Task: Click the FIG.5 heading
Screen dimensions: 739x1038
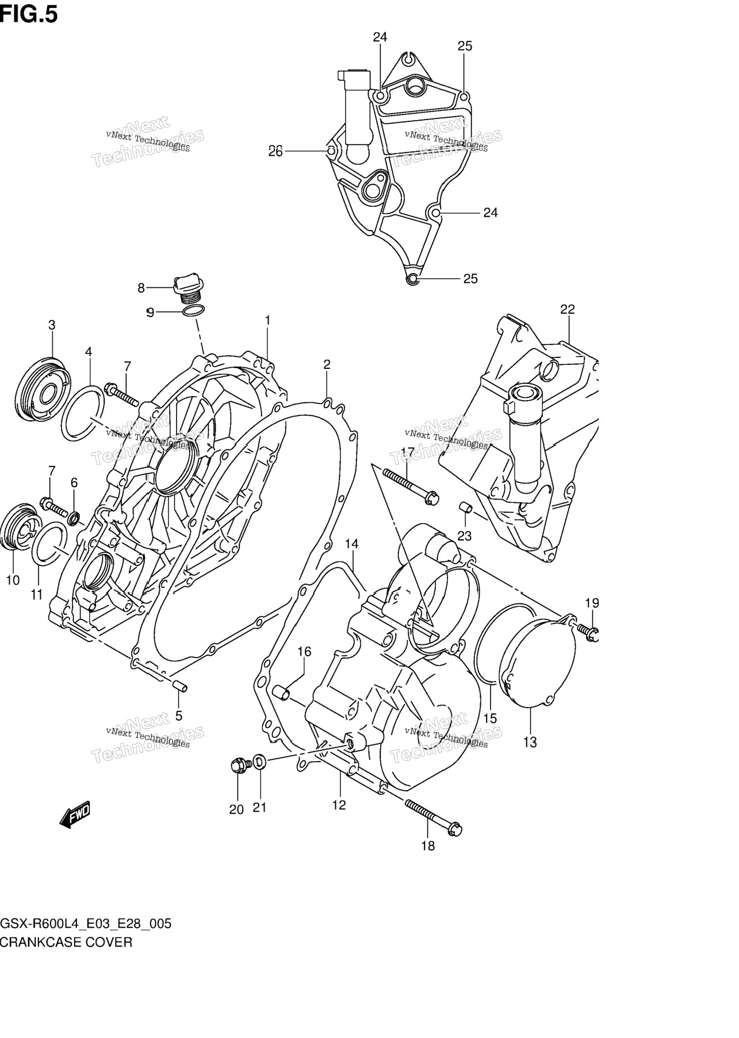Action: (x=29, y=14)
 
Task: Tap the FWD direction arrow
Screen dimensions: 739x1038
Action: (x=75, y=814)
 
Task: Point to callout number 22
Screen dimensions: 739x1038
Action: (x=567, y=309)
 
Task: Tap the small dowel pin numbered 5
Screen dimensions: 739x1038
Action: (x=179, y=686)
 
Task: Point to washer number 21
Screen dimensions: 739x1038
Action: (x=259, y=762)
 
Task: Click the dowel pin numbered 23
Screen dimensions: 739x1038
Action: (x=466, y=508)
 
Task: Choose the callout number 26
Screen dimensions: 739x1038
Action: (x=275, y=152)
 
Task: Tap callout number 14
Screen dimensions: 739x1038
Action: (x=351, y=544)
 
